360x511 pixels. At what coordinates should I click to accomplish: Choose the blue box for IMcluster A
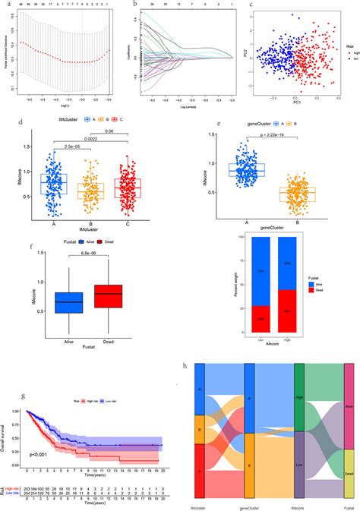click(54, 185)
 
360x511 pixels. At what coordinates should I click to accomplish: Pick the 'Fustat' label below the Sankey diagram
click(349, 502)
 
